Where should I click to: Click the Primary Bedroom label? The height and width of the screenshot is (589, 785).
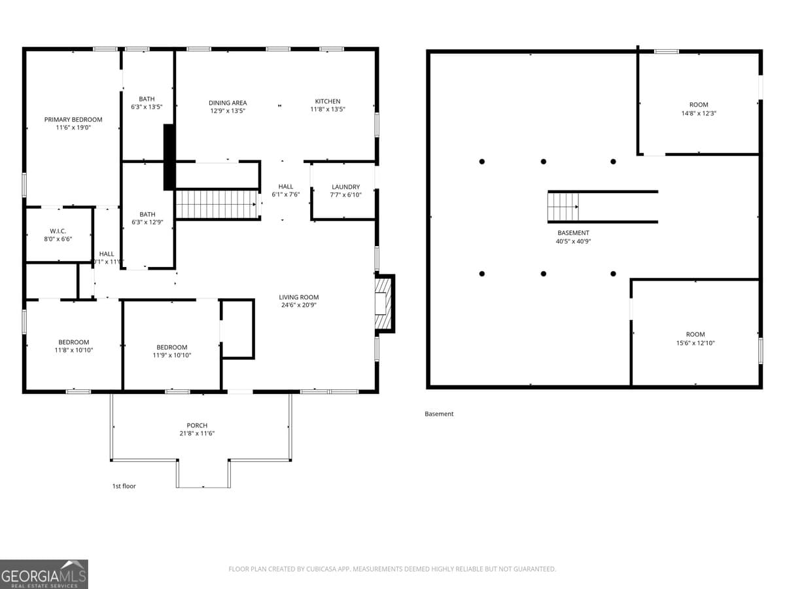coord(73,120)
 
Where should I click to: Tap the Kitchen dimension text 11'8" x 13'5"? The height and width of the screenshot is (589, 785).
coord(328,109)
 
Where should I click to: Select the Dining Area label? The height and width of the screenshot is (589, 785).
coord(228,103)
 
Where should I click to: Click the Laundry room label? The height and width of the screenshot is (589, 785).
coord(345,187)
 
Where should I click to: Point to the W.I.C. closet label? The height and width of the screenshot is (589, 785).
coord(58,231)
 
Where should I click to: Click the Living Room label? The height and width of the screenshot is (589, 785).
coord(299,297)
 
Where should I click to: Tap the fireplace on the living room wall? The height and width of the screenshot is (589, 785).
coord(383,304)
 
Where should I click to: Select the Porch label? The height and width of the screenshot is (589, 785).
coord(197,425)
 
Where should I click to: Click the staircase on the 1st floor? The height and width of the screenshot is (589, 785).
coord(217,204)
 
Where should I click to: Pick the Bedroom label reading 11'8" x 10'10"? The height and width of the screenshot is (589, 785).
coord(73,342)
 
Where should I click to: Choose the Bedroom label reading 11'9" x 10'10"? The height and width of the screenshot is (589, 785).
coord(171,348)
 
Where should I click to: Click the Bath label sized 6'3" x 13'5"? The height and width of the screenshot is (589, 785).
coord(147,99)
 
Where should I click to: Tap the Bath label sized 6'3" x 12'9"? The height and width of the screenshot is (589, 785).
coord(147,215)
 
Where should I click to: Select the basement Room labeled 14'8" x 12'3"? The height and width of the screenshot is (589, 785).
coord(699,105)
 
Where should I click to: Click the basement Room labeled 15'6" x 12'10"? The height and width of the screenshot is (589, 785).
coord(695,334)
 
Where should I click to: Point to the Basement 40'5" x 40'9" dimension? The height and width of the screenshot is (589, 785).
coord(573,241)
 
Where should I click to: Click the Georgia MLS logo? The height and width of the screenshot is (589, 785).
coord(44,574)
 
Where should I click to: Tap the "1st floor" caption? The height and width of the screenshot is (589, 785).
coord(124,486)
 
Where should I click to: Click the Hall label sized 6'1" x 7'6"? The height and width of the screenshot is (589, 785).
coord(285,187)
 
